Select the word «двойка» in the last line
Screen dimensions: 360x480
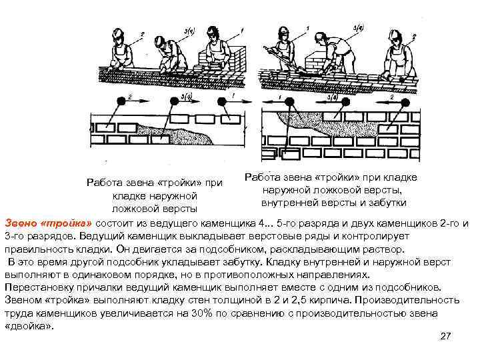coord(28,326)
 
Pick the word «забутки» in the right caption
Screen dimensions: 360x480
coord(389,202)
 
